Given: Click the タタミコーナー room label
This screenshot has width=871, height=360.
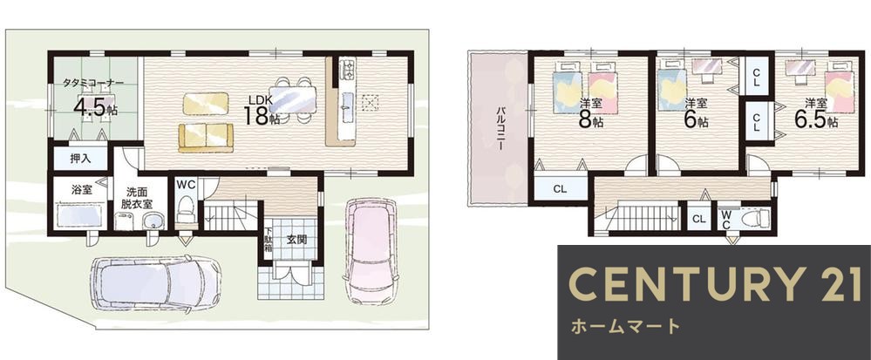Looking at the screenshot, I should point(93,84).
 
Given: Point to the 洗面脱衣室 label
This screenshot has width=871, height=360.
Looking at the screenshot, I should point(135,197).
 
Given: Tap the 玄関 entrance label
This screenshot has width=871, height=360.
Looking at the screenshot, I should point(296,239).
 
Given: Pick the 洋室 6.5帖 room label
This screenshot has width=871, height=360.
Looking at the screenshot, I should point(814,112).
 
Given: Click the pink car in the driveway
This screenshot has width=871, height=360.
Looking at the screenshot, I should point(370,250).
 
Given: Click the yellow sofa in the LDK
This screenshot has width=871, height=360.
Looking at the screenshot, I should point(206,137).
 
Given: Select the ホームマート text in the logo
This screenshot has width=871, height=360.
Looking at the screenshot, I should point(624,327).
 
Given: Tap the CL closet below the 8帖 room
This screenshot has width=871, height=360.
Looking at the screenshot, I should point(559,187).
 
